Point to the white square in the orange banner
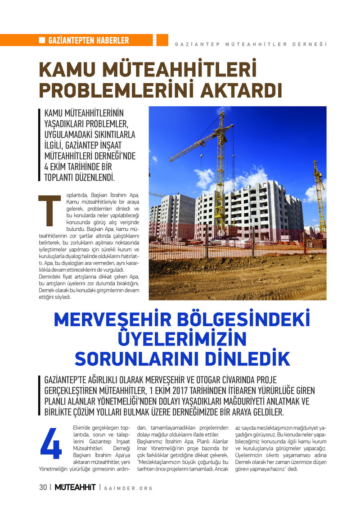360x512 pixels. click(42, 40)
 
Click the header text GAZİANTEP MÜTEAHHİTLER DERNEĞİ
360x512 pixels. click(250, 44)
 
